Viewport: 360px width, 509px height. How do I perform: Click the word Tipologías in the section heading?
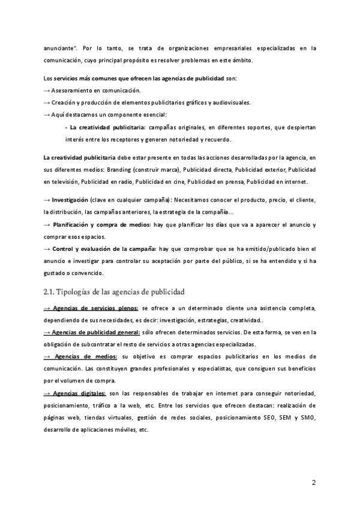coord(79,291)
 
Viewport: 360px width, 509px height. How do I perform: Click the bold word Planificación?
coord(75,224)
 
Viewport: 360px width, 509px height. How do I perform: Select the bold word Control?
coord(65,248)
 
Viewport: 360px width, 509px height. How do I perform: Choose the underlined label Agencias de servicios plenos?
coord(95,307)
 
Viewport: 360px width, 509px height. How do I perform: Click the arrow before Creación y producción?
coord(47,102)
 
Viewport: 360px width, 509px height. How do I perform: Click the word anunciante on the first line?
coord(62,47)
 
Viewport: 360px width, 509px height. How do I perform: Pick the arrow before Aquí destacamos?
coord(47,115)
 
